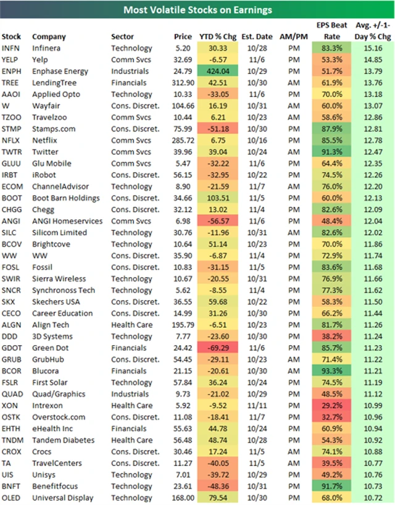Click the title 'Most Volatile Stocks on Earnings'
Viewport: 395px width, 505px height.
point(197,10)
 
